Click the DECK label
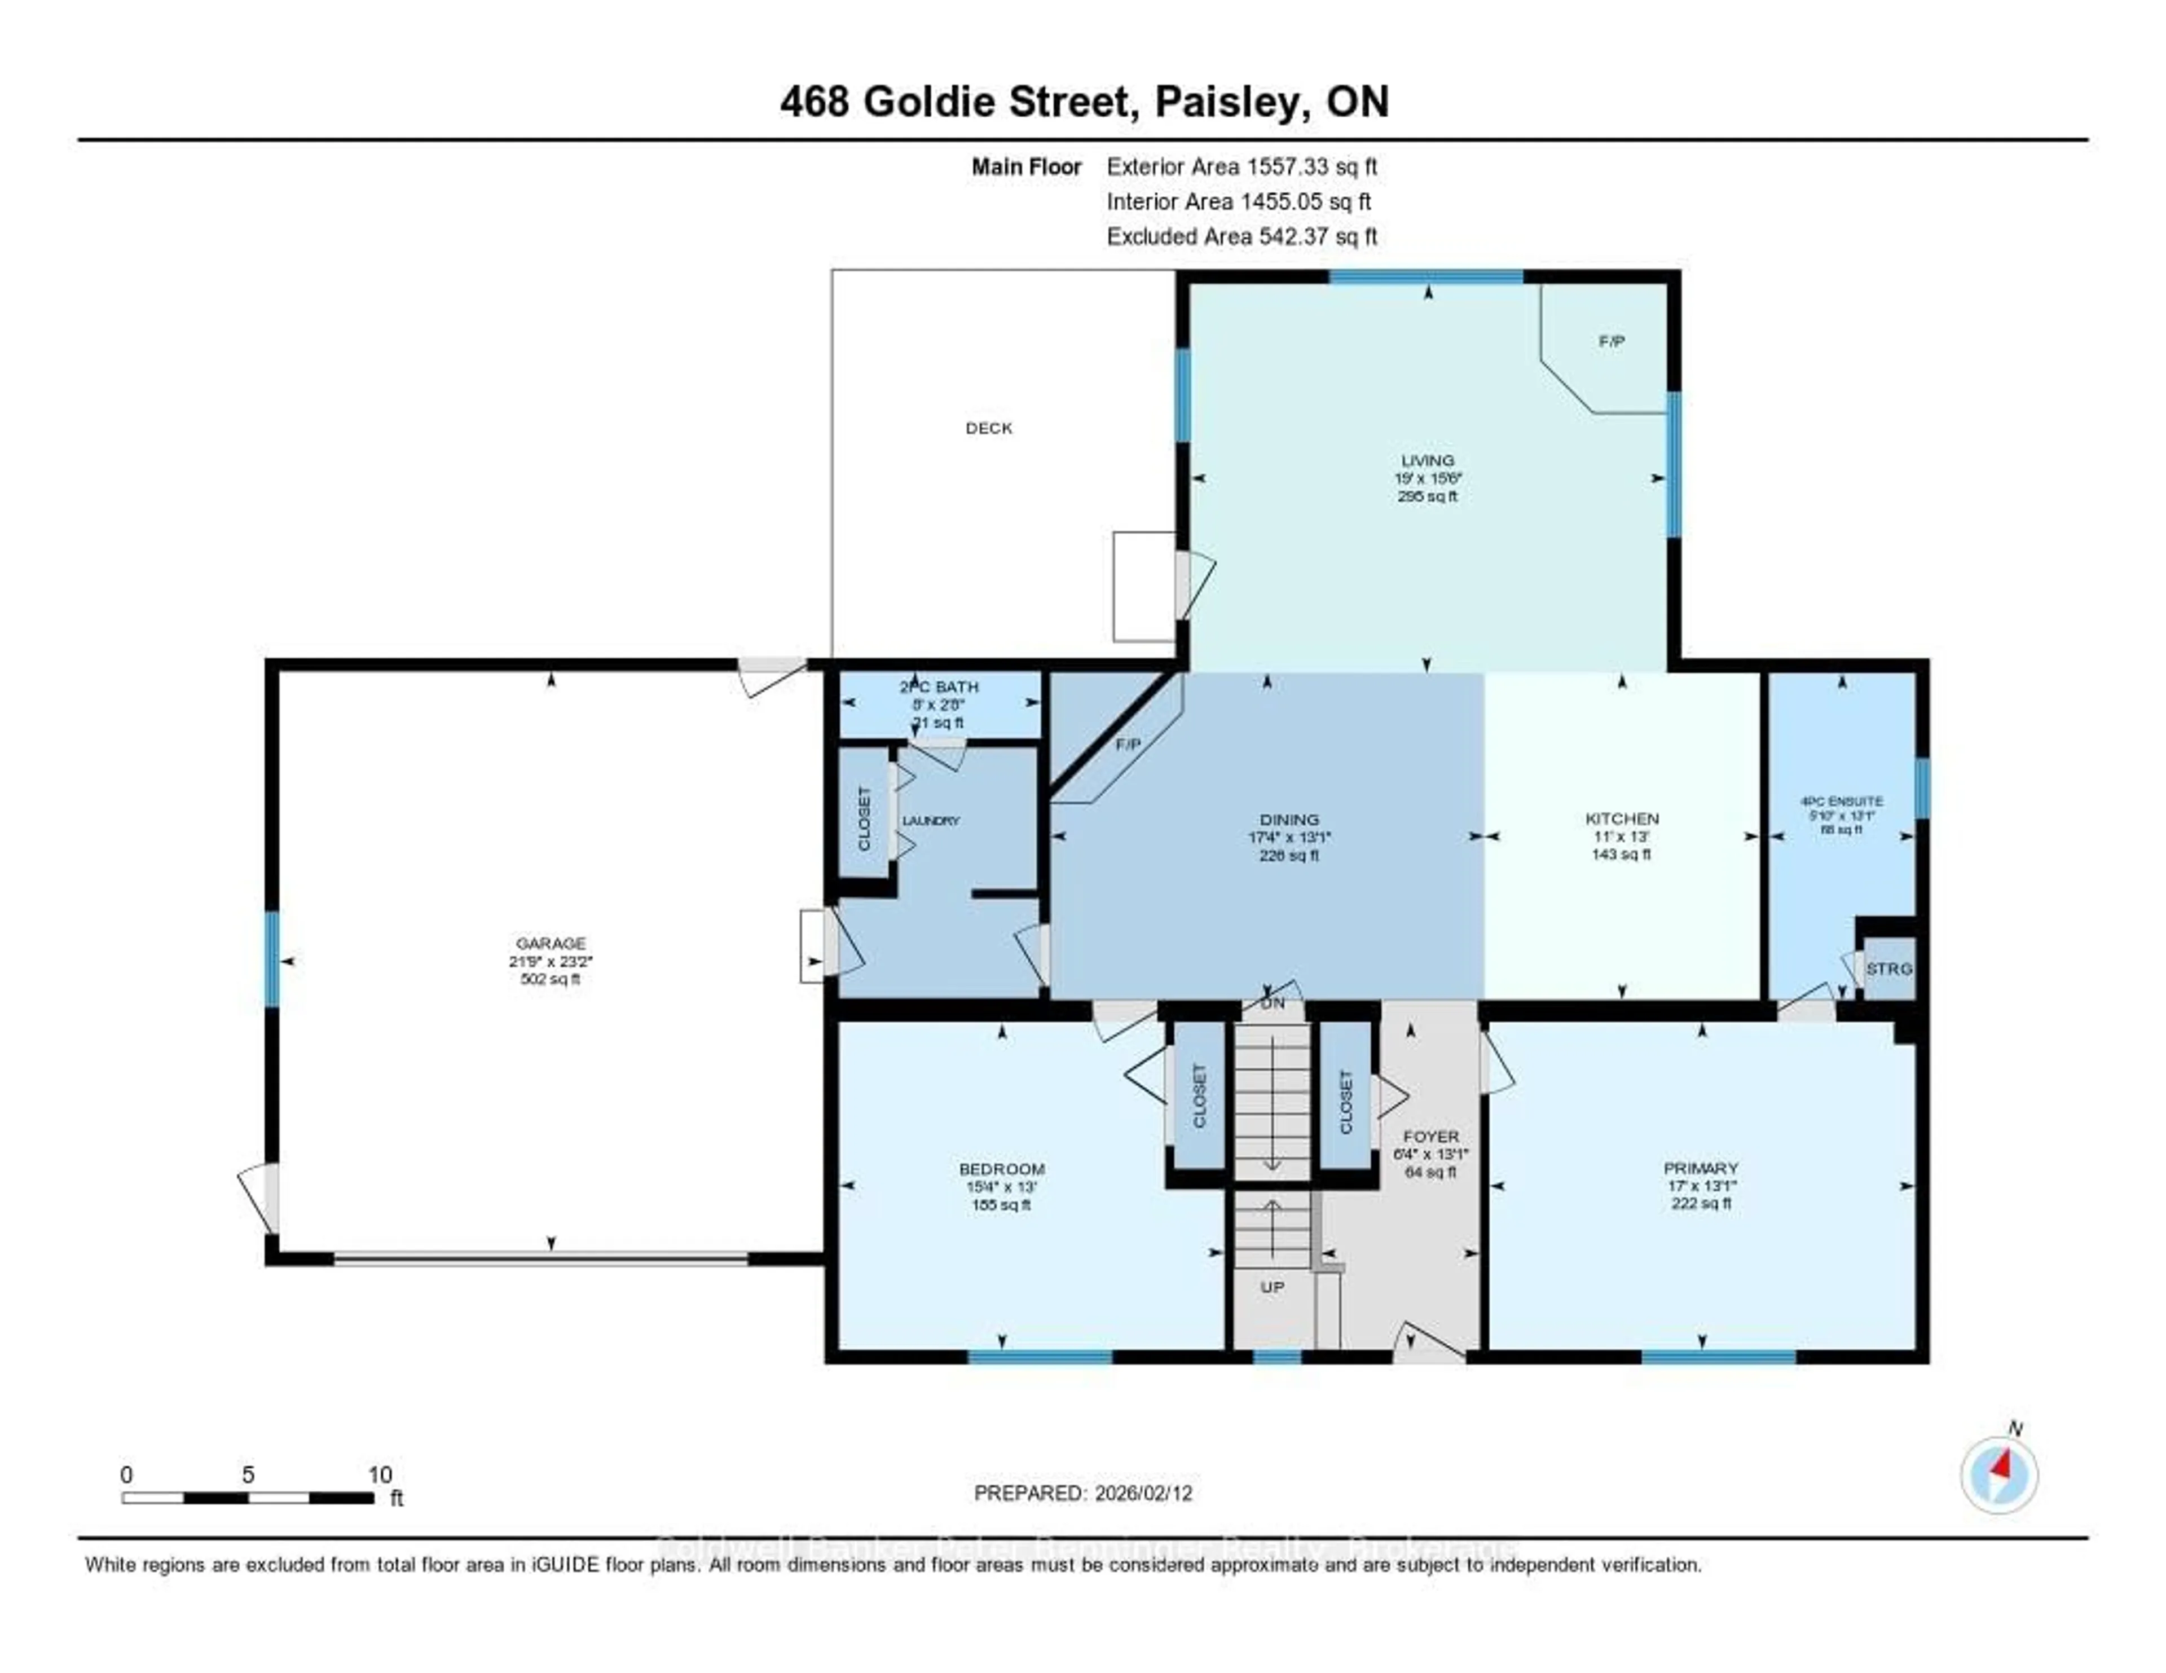[x=989, y=429]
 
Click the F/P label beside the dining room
[x=1128, y=745]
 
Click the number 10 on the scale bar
[x=380, y=1474]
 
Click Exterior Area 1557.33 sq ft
[x=1242, y=166]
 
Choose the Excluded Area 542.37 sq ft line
[x=1242, y=236]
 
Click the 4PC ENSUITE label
[x=1842, y=802]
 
